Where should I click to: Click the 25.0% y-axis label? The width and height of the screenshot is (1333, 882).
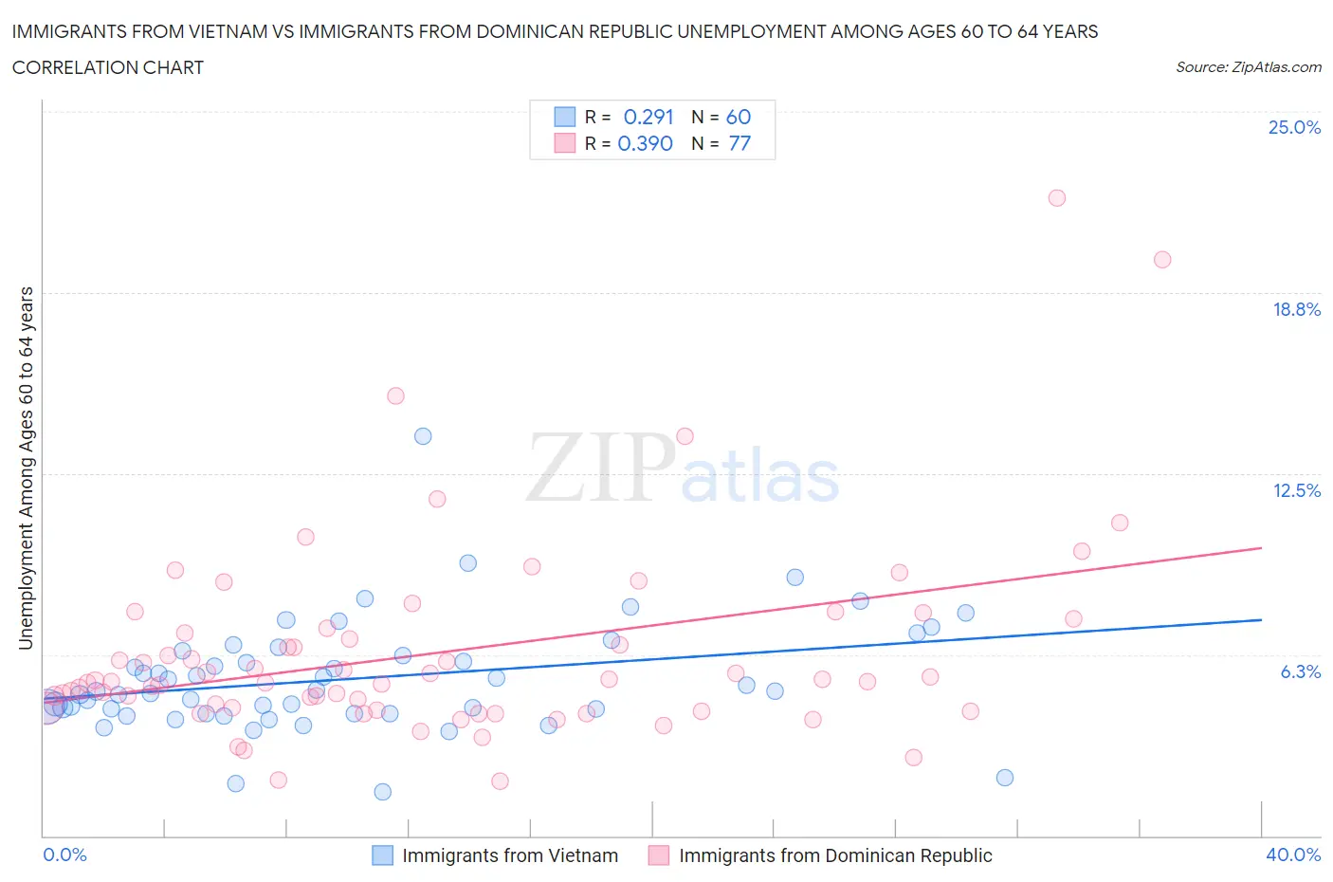pyautogui.click(x=1294, y=127)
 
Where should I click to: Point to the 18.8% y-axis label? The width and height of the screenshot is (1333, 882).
pyautogui.click(x=1296, y=309)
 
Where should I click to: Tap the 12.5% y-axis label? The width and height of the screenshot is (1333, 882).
pyautogui.click(x=1296, y=490)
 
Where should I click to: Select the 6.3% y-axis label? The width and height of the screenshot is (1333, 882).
pyautogui.click(x=1300, y=671)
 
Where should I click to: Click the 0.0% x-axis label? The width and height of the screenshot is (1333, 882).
pyautogui.click(x=64, y=854)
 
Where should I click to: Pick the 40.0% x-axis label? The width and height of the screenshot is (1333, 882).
pyautogui.click(x=1293, y=854)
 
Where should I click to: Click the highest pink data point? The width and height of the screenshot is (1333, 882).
pyautogui.click(x=1057, y=198)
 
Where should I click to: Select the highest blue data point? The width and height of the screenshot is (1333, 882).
pyautogui.click(x=423, y=436)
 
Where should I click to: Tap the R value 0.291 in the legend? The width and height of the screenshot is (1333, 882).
pyautogui.click(x=648, y=117)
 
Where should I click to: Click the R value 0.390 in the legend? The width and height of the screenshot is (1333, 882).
pyautogui.click(x=645, y=143)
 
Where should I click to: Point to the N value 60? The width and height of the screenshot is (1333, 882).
pyautogui.click(x=738, y=117)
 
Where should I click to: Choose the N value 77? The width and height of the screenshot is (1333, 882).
pyautogui.click(x=740, y=143)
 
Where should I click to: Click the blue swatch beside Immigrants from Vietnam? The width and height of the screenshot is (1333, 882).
pyautogui.click(x=382, y=855)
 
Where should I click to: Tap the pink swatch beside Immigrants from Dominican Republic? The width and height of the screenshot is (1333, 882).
pyautogui.click(x=659, y=855)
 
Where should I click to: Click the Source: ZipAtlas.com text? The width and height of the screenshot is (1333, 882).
pyautogui.click(x=1248, y=67)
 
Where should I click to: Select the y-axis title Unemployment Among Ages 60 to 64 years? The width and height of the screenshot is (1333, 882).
pyautogui.click(x=26, y=469)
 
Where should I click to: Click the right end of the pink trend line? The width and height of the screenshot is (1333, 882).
pyautogui.click(x=1261, y=548)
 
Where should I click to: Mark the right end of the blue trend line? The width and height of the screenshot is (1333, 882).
pyautogui.click(x=1261, y=619)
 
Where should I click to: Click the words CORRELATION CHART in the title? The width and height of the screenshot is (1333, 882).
pyautogui.click(x=108, y=67)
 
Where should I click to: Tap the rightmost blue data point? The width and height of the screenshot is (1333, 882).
pyautogui.click(x=1005, y=778)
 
